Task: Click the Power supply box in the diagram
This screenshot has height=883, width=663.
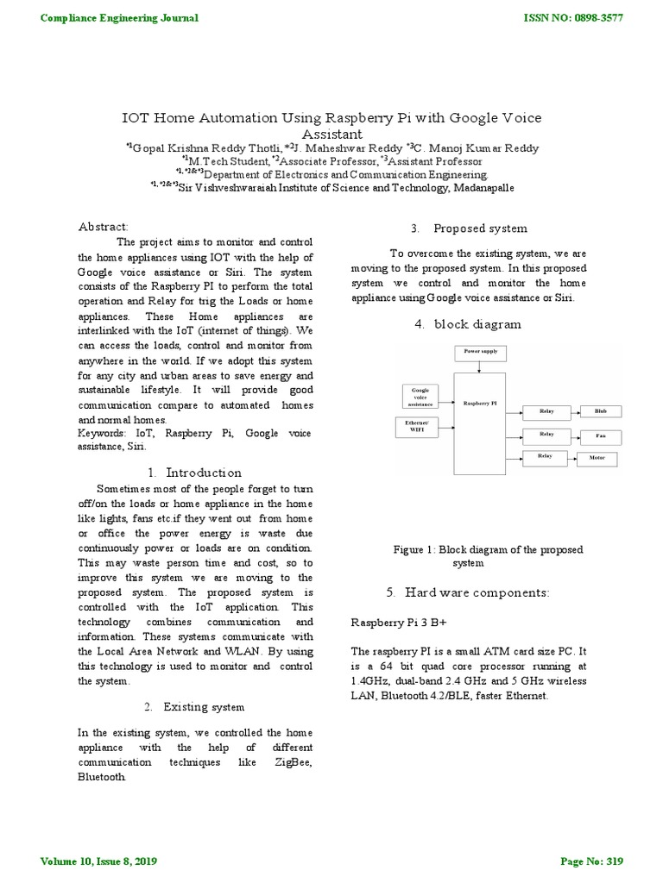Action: tap(481, 353)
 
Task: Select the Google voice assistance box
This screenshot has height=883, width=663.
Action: tap(420, 397)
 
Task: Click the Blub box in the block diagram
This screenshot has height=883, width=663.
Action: tap(600, 412)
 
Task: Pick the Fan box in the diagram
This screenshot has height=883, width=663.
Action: tap(600, 435)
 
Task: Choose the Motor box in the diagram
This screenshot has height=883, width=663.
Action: tap(597, 459)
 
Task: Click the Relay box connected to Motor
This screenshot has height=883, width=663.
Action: tap(545, 455)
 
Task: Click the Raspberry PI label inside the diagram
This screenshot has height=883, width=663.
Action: tap(480, 402)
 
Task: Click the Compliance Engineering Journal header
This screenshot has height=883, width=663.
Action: tap(119, 18)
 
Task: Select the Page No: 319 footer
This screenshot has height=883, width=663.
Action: tap(590, 861)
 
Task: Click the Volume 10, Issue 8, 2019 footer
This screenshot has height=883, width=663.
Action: tap(99, 861)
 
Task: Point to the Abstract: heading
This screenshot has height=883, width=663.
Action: tap(103, 226)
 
